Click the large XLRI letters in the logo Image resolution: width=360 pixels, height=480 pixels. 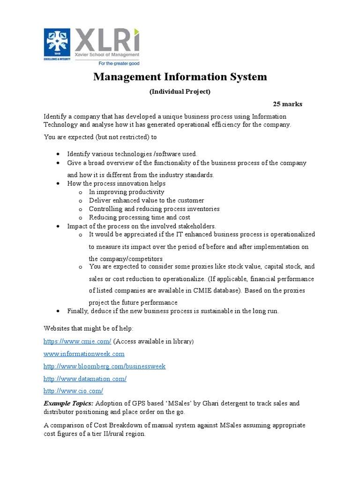pyautogui.click(x=106, y=41)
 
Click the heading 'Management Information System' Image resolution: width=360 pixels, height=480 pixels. pyautogui.click(x=180, y=77)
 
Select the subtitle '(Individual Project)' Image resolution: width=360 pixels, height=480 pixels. pyautogui.click(x=180, y=92)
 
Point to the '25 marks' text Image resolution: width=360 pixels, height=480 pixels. pyautogui.click(x=287, y=104)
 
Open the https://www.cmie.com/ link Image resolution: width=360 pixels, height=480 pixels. pyautogui.click(x=77, y=342)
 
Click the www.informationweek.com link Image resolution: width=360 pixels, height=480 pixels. pyautogui.click(x=84, y=354)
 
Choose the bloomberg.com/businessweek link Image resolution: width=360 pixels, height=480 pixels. pyautogui.click(x=105, y=366)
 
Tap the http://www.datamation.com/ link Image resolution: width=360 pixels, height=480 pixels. pyautogui.click(x=85, y=378)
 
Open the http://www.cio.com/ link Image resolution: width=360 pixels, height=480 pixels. pyautogui.click(x=73, y=390)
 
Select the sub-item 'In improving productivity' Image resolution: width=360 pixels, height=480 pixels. pyautogui.click(x=127, y=192)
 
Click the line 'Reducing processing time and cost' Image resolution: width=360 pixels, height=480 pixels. pyautogui.click(x=139, y=217)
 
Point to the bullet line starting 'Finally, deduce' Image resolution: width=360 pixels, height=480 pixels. pyautogui.click(x=172, y=311)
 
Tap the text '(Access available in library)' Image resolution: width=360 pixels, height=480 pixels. pyautogui.click(x=153, y=342)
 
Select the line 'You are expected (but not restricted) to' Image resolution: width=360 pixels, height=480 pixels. pyautogui.click(x=100, y=137)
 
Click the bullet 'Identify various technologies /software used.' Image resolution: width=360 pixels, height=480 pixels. pyautogui.click(x=132, y=154)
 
